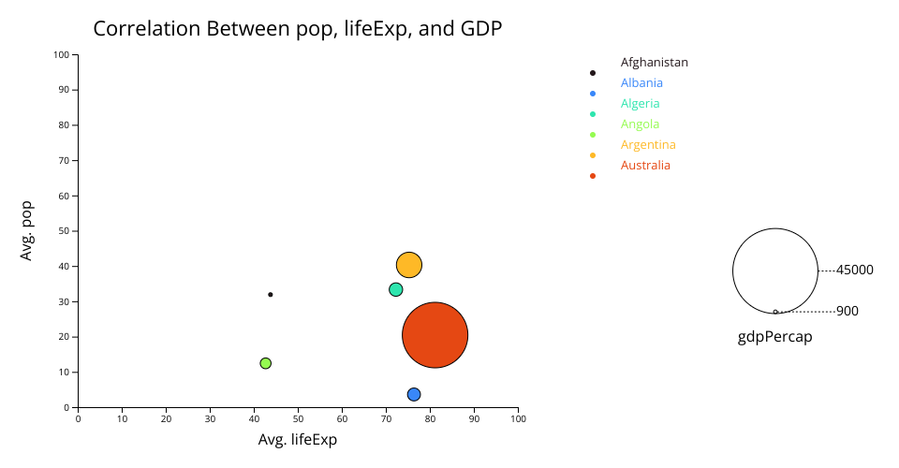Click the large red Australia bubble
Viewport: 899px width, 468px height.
[435, 335]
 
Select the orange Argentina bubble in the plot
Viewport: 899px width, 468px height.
[409, 265]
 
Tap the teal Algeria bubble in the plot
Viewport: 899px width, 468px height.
[395, 290]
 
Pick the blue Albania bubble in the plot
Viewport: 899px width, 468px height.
[414, 394]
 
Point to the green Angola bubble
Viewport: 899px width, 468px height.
[265, 363]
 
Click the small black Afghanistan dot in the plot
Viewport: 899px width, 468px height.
[271, 295]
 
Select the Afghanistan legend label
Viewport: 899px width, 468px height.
[655, 63]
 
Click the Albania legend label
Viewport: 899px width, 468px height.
[641, 83]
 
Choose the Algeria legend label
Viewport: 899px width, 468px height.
[640, 104]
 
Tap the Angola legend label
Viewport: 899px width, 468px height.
[640, 124]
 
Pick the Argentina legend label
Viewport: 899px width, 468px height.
[648, 145]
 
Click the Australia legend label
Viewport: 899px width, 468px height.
[645, 166]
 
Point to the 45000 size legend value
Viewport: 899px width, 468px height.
[854, 270]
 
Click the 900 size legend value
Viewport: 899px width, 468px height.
[847, 311]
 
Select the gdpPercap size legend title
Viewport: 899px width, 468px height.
[774, 337]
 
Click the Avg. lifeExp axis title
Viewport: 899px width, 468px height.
[298, 439]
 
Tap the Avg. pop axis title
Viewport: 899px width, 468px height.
[26, 231]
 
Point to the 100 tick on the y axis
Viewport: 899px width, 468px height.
[62, 55]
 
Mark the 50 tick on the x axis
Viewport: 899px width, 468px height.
[298, 418]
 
